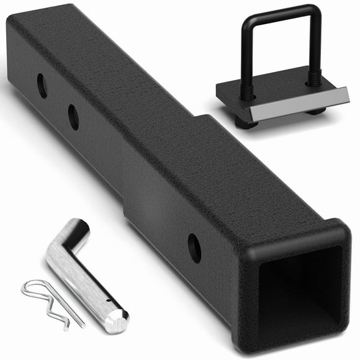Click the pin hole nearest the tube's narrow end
point(42,86)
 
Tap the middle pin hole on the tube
point(73,116)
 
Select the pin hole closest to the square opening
point(194,248)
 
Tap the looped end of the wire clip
point(31,289)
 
